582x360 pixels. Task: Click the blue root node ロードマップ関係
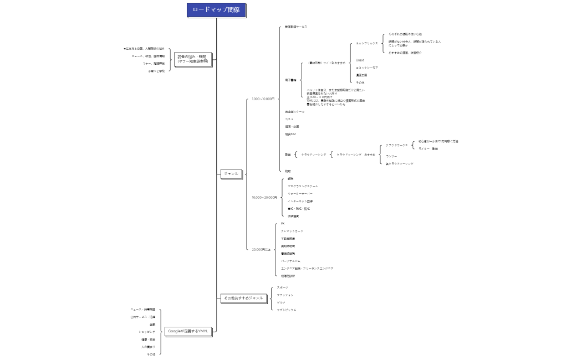tap(216, 10)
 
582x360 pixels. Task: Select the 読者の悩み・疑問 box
tap(192, 59)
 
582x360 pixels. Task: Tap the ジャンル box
tap(231, 174)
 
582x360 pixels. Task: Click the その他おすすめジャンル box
tap(243, 298)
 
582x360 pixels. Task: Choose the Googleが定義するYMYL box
tap(188, 331)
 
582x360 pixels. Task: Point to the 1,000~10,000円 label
tap(263, 99)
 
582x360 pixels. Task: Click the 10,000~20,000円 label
tap(264, 197)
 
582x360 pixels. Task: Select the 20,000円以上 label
tap(261, 249)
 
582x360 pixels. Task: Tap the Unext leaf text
tap(360, 60)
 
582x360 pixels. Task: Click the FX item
tap(283, 223)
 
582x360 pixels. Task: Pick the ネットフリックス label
tap(367, 43)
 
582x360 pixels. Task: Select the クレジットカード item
tap(292, 231)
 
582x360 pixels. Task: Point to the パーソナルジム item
tap(291, 260)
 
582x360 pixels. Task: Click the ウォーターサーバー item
tap(300, 193)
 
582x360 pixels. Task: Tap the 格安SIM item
tap(290, 134)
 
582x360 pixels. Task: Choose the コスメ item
tap(289, 119)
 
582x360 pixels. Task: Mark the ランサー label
tap(391, 156)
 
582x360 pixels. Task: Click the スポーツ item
tap(283, 287)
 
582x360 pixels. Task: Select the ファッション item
tap(285, 295)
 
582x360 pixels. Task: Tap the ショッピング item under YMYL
tap(147, 332)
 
